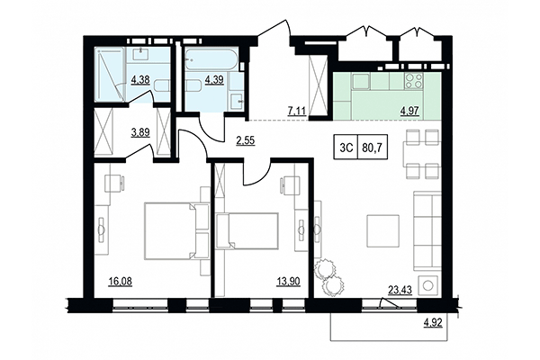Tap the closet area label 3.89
(141, 131)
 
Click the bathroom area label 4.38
(140, 80)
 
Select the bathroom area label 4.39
(215, 80)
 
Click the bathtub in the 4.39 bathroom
(210, 59)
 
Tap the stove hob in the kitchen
(415, 81)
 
